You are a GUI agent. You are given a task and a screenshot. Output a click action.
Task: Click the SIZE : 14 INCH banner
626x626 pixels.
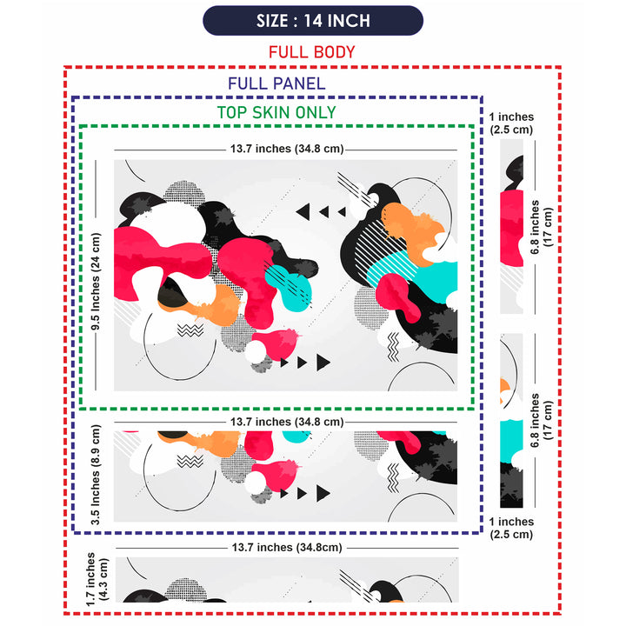click(x=313, y=21)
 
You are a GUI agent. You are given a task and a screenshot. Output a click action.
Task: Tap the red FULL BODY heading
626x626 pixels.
click(x=312, y=52)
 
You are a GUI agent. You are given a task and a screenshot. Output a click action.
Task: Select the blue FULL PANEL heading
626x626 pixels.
click(x=276, y=83)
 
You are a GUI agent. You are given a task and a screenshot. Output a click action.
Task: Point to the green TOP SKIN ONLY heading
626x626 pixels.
click(x=276, y=112)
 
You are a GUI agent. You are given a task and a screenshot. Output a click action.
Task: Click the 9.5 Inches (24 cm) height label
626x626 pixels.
click(x=96, y=282)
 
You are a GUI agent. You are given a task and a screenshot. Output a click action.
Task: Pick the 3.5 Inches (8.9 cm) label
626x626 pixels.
click(x=96, y=475)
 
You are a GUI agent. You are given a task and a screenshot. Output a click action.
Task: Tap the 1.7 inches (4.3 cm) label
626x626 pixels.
click(x=97, y=579)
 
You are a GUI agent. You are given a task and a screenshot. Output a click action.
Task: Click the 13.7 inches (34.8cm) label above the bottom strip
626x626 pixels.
click(x=287, y=548)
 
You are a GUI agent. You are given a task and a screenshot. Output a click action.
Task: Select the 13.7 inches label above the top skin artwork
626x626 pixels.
click(x=287, y=149)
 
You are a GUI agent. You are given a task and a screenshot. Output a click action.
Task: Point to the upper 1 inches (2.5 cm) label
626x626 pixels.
click(x=511, y=123)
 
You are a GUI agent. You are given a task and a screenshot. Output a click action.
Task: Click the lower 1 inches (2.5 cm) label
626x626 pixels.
click(x=511, y=528)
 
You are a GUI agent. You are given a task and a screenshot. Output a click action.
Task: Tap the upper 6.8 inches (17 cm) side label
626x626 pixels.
click(x=542, y=227)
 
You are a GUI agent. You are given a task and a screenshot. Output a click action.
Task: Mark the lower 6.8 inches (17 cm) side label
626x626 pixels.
click(x=542, y=421)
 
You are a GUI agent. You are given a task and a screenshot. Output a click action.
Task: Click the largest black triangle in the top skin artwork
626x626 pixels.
click(x=323, y=362)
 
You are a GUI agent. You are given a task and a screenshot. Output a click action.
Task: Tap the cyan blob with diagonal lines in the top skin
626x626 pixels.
click(x=289, y=288)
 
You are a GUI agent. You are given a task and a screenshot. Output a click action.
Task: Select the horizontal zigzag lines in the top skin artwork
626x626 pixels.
click(x=190, y=330)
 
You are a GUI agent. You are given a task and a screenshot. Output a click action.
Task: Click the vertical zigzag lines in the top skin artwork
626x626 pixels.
click(x=393, y=347)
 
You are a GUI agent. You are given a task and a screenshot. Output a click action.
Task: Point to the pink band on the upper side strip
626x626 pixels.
click(x=511, y=229)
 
